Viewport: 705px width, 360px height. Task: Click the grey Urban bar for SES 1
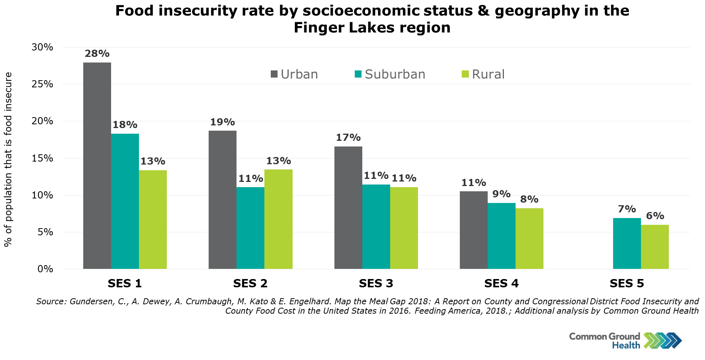point(97,166)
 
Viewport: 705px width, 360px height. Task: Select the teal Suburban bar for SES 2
point(250,228)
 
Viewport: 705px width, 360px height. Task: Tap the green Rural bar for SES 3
point(404,228)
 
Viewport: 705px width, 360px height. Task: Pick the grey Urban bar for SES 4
point(473,230)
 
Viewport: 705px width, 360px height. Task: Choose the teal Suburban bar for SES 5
point(627,243)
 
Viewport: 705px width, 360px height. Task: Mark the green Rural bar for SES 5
point(655,247)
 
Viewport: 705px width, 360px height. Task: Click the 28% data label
point(97,53)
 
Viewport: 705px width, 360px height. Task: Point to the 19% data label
point(223,122)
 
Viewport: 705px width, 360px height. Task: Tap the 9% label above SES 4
point(501,194)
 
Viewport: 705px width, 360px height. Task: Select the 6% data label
point(655,216)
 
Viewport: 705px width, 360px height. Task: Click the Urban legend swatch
point(274,74)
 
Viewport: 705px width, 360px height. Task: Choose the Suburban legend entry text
point(395,74)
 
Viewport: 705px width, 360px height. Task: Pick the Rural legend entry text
point(488,74)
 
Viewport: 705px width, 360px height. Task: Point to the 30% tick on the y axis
point(42,47)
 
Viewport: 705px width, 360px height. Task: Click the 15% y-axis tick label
point(42,158)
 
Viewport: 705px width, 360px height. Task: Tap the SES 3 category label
point(376,283)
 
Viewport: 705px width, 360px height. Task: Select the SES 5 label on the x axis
point(627,283)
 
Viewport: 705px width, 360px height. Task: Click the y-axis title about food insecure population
point(8,159)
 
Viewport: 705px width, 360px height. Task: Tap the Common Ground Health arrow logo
point(662,340)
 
